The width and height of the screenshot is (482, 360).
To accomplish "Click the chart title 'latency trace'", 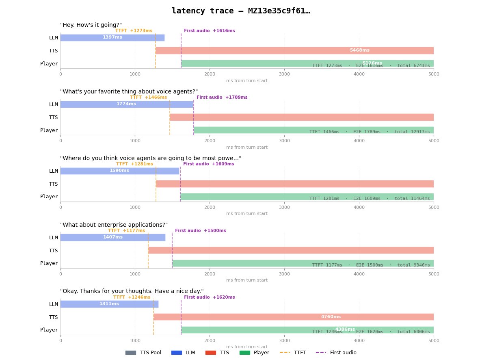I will point(240,11).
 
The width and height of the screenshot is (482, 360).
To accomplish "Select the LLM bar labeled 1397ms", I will point(112,37).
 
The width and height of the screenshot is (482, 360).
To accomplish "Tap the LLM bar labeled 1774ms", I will point(126,104).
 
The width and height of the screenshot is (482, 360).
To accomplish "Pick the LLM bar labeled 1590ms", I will point(119,171).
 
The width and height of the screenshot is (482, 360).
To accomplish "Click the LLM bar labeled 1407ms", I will point(112,237).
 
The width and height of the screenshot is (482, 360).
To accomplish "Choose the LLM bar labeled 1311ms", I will point(109,304).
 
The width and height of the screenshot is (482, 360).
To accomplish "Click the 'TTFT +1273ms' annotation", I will point(134,31).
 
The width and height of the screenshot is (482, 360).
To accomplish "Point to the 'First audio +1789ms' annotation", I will point(222,98).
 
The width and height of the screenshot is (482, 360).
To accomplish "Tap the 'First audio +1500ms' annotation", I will point(200,231).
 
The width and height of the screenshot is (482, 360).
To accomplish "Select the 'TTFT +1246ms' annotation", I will point(132,297).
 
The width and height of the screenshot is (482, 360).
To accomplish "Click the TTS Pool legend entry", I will point(143,353).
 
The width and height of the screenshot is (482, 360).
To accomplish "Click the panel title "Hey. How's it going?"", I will point(91,25).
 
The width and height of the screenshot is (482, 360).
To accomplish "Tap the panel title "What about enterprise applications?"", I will point(114,225).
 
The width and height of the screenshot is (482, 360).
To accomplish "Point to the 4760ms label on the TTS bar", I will point(331,317).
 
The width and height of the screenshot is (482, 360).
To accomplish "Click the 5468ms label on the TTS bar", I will point(359,50).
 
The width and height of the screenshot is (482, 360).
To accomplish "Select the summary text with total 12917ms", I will point(369,132).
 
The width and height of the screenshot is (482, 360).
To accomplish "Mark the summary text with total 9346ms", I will point(371,265).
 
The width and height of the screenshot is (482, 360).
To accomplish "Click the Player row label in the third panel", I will point(49,197).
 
